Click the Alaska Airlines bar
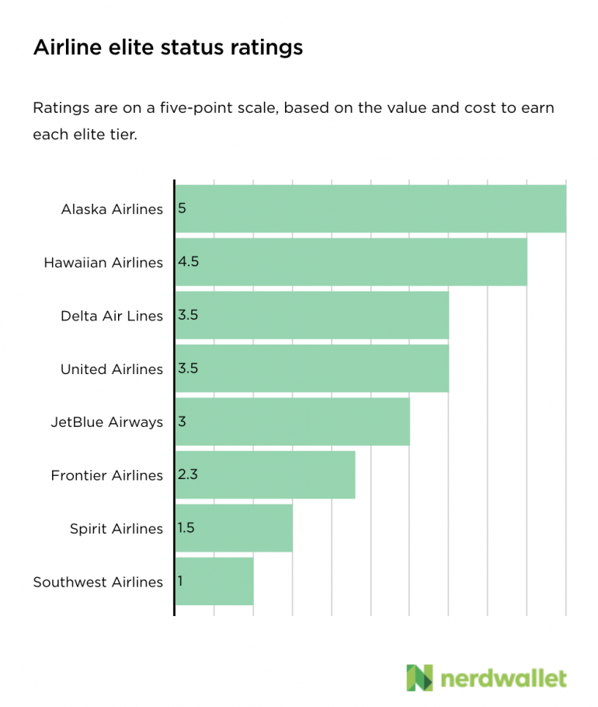pos(370,208)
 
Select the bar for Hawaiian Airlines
pos(351,262)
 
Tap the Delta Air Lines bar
pos(311,315)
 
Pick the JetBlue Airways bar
pos(292,422)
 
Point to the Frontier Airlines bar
pos(265,474)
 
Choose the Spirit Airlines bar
pos(234,528)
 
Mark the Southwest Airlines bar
pos(214,581)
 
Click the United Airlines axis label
pos(112,369)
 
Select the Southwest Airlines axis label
pos(98,582)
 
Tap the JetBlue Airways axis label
pos(106,422)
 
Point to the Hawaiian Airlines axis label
pos(103,263)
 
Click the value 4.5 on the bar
pos(189,262)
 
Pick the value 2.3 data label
pos(189,474)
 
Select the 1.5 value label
pos(186,528)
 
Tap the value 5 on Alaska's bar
pos(182,208)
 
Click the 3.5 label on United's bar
pos(189,369)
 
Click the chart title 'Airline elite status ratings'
pos(168,48)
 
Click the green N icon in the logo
pos(420,677)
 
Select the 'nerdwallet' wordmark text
pos(504,678)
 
